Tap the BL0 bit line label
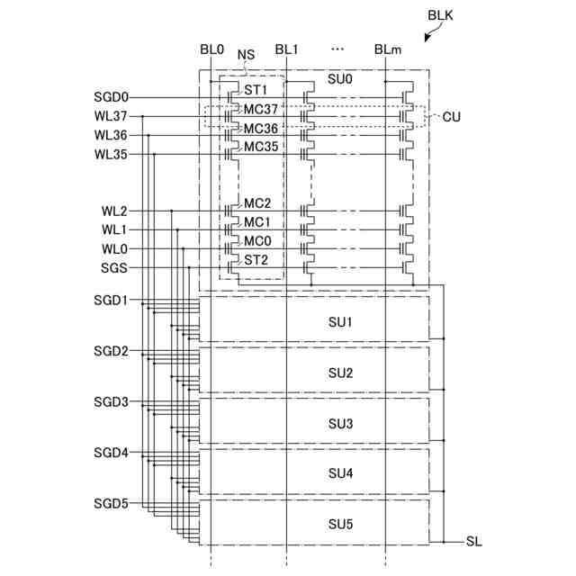pos(211,49)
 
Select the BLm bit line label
pos(388,49)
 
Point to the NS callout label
pos(246,55)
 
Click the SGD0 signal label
pos(112,96)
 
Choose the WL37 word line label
pos(112,116)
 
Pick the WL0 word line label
pos(114,249)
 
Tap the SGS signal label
pos(114,268)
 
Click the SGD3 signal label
pos(112,402)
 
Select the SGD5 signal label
pos(112,503)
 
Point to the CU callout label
pos(451,117)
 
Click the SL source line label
pos(474,542)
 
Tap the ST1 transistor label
pos(256,91)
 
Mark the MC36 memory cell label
pos(261,129)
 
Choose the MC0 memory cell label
pos(257,241)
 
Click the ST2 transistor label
pos(256,260)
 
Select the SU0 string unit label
pos(340,79)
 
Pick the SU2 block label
pos(340,373)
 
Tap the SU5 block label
pos(340,524)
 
